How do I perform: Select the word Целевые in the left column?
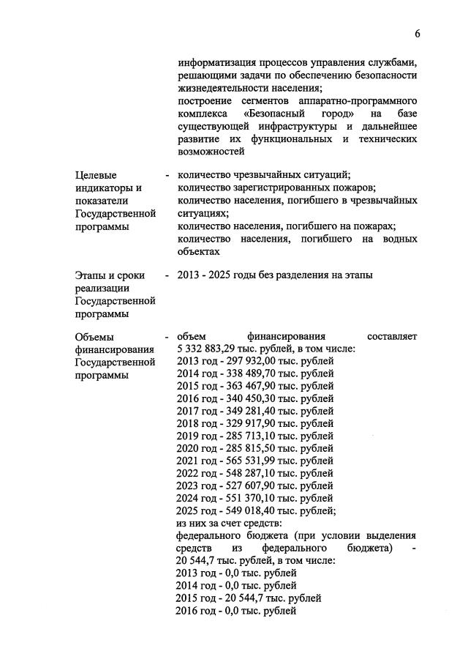click(x=96, y=176)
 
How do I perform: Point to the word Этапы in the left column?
click(x=91, y=275)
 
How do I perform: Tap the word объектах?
click(x=199, y=251)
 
